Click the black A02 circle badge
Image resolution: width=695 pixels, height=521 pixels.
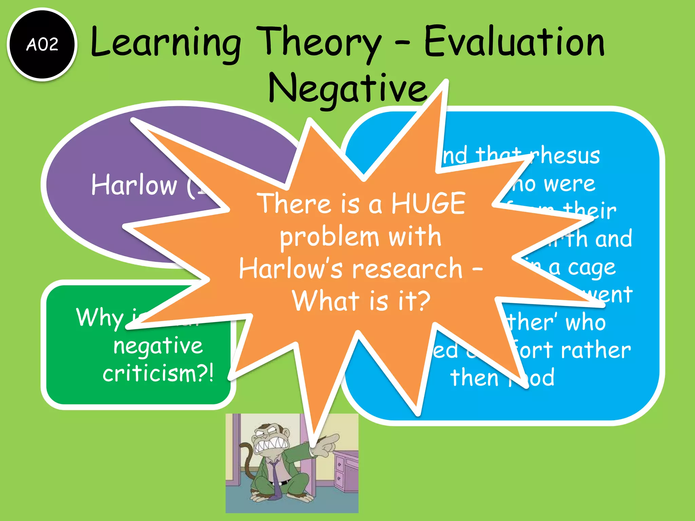tap(42, 44)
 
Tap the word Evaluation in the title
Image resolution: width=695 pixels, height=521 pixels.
tap(514, 43)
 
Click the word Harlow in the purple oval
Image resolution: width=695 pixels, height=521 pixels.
tap(134, 185)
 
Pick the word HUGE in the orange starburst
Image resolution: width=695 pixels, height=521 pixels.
tap(428, 203)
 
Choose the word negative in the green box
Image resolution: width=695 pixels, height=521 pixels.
tap(158, 346)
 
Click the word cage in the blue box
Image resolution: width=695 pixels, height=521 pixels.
tap(591, 268)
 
